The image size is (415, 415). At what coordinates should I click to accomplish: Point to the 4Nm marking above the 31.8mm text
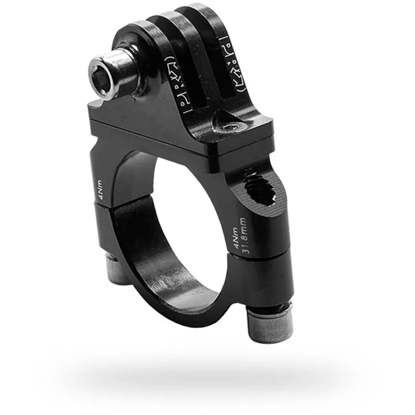coord(237,239)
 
